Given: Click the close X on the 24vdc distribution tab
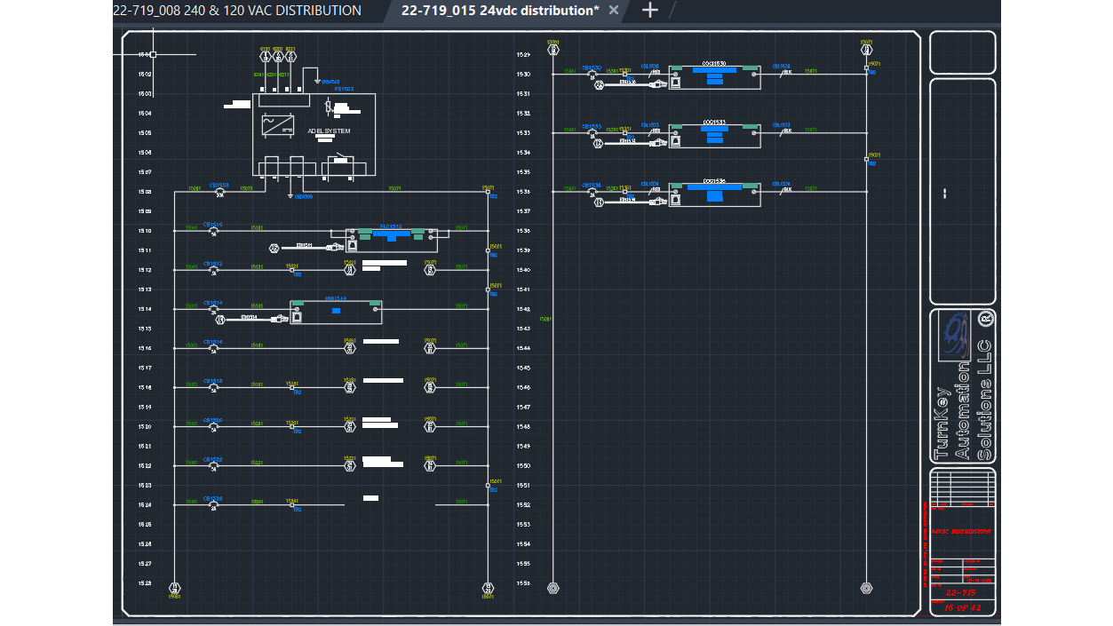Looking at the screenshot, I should [x=614, y=11].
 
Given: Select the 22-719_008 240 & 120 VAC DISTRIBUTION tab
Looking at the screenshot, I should [x=237, y=11].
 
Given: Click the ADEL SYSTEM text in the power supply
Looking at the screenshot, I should [x=329, y=131].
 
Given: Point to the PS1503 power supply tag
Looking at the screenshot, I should [x=344, y=89].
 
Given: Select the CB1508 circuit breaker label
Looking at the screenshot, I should [x=219, y=185].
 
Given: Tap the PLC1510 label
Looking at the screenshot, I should [x=392, y=226].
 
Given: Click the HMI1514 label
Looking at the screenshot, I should [x=336, y=299].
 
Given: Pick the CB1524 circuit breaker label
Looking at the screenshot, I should [x=213, y=499].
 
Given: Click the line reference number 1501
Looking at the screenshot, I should [x=145, y=54].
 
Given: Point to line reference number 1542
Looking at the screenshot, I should [x=523, y=309].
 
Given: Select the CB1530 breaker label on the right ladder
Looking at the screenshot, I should [x=592, y=67].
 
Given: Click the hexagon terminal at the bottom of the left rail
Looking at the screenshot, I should [x=175, y=588].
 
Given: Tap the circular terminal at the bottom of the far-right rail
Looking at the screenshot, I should [x=866, y=588].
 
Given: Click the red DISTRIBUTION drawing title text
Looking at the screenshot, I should [x=963, y=531].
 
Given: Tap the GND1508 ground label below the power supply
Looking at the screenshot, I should [x=303, y=196].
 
